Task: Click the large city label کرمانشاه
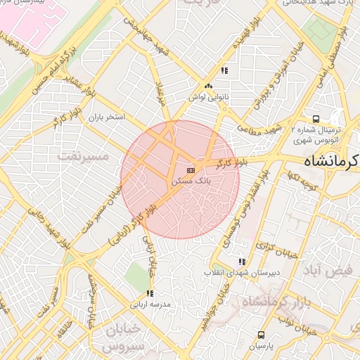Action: click(331, 161)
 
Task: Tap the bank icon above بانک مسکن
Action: click(190, 170)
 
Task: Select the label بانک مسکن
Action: click(191, 181)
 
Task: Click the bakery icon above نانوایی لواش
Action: click(208, 88)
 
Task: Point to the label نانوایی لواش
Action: click(209, 98)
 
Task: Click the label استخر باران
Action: click(106, 117)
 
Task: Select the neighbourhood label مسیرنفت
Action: click(84, 155)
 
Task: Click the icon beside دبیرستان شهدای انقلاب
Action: click(243, 262)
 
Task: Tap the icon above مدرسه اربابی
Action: click(149, 294)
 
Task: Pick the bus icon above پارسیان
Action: click(262, 335)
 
